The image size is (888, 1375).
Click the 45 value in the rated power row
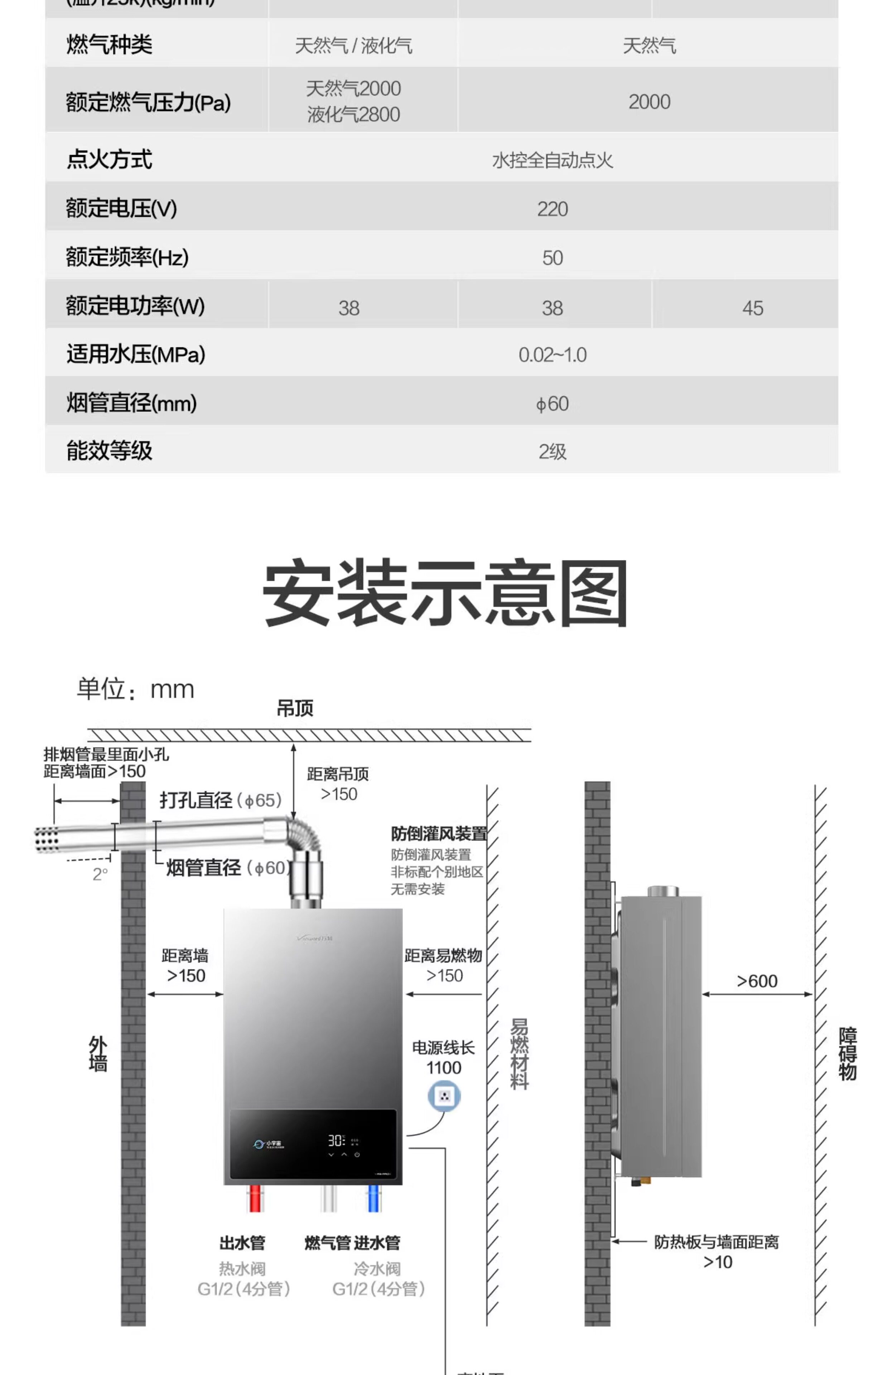coord(753,308)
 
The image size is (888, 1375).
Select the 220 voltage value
coord(552,209)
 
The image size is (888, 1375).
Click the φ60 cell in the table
coord(552,404)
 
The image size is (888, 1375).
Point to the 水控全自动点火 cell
coord(552,160)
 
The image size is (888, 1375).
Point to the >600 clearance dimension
coord(757,981)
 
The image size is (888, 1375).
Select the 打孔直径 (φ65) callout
coord(220,800)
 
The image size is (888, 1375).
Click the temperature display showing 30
coord(336,1140)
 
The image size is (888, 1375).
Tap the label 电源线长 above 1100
coord(443,1047)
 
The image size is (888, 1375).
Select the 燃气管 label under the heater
coord(327,1243)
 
